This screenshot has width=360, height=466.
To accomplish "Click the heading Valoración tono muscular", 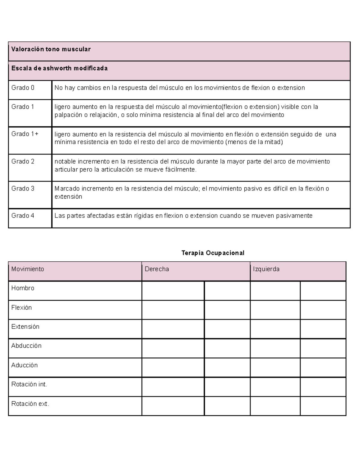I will (x=51, y=49).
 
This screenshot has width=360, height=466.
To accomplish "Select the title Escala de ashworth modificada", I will (x=59, y=68).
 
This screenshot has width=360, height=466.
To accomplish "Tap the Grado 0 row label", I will (x=23, y=88).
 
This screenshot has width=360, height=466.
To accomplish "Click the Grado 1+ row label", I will (x=25, y=134).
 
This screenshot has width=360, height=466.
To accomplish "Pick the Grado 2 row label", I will (x=23, y=161).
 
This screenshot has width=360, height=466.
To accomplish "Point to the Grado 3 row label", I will (x=23, y=188).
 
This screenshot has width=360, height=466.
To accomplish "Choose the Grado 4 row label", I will (x=23, y=215).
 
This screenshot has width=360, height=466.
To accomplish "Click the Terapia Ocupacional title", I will (x=213, y=253).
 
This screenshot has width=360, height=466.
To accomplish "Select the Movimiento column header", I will (x=28, y=269).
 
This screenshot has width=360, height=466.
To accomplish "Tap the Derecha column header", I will (x=157, y=269).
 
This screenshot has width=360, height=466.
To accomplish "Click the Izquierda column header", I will (x=266, y=269).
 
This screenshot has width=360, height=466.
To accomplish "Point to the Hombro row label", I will (x=23, y=288).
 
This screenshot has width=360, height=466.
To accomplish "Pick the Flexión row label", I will (x=22, y=308).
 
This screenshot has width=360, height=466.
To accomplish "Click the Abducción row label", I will (x=26, y=346).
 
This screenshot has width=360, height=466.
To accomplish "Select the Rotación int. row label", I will (x=29, y=384).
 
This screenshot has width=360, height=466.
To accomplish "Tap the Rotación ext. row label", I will (x=30, y=404).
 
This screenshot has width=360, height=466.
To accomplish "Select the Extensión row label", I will (x=25, y=326).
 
